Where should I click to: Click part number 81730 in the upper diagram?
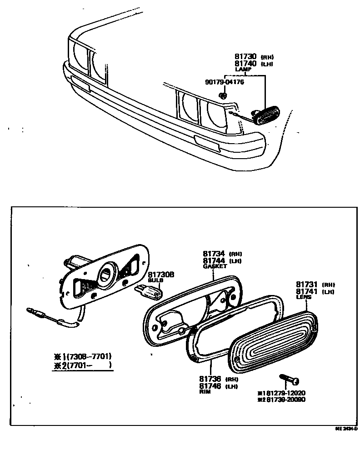[246, 57]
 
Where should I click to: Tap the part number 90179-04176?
[225, 82]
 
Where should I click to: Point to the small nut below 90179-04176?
[223, 95]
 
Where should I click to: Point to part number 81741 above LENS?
[307, 291]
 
